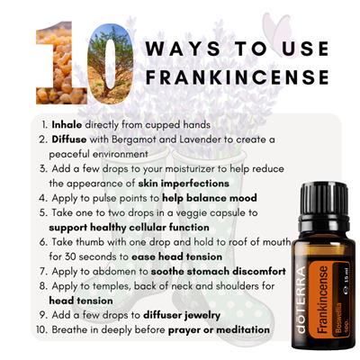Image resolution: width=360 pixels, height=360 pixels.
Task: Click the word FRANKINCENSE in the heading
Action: (238, 77)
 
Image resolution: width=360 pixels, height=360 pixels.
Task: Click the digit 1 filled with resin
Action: (61, 63)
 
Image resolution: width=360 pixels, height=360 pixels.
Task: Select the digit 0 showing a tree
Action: (111, 64)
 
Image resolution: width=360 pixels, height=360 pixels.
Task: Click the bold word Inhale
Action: (67, 124)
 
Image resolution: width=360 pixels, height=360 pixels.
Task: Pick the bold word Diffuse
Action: (69, 139)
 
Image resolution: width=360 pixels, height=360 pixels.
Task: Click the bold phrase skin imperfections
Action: (184, 184)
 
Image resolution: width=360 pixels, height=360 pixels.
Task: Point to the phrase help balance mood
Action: (210, 198)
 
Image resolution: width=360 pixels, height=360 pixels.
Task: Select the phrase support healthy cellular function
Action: (129, 228)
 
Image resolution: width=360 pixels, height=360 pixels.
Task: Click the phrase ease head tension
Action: (177, 256)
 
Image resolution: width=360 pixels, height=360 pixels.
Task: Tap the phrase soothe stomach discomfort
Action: (218, 272)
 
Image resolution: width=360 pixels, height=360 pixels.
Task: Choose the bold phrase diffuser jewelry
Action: (182, 315)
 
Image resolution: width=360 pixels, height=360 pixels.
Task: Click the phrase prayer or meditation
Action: (219, 330)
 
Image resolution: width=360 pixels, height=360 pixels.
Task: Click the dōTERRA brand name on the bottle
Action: (301, 300)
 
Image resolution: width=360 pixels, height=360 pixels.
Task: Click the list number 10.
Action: (40, 329)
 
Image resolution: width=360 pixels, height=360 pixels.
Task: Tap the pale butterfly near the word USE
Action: (277, 29)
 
